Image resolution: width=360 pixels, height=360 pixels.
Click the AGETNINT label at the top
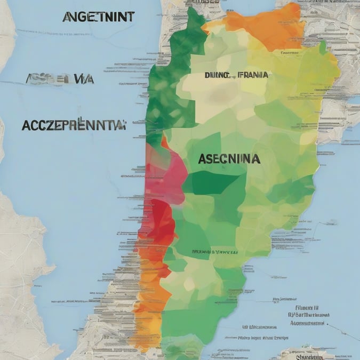pos(98,17)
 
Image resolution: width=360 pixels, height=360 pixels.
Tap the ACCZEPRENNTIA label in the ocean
pos(73,125)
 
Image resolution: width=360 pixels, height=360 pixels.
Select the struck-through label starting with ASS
pos(59,79)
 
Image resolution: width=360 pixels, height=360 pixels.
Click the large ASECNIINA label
pos(229,158)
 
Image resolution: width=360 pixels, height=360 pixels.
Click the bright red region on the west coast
pos(160,221)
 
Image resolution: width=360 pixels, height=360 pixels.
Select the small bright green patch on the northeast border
pos(322,48)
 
